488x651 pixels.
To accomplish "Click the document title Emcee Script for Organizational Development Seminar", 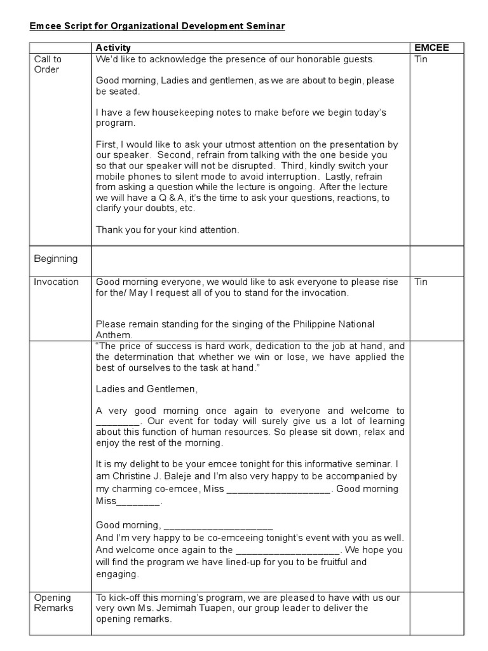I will (158, 26).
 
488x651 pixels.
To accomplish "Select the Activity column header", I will (113, 48).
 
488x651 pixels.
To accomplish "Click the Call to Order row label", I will (48, 64).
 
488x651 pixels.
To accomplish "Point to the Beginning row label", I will (56, 259).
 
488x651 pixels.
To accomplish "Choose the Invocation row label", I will (56, 282).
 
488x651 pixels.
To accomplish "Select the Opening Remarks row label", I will (53, 603).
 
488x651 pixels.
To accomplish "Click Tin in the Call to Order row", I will (421, 59).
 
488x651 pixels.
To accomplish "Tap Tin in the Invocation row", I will (421, 282).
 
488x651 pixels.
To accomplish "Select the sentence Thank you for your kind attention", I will (168, 230).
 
